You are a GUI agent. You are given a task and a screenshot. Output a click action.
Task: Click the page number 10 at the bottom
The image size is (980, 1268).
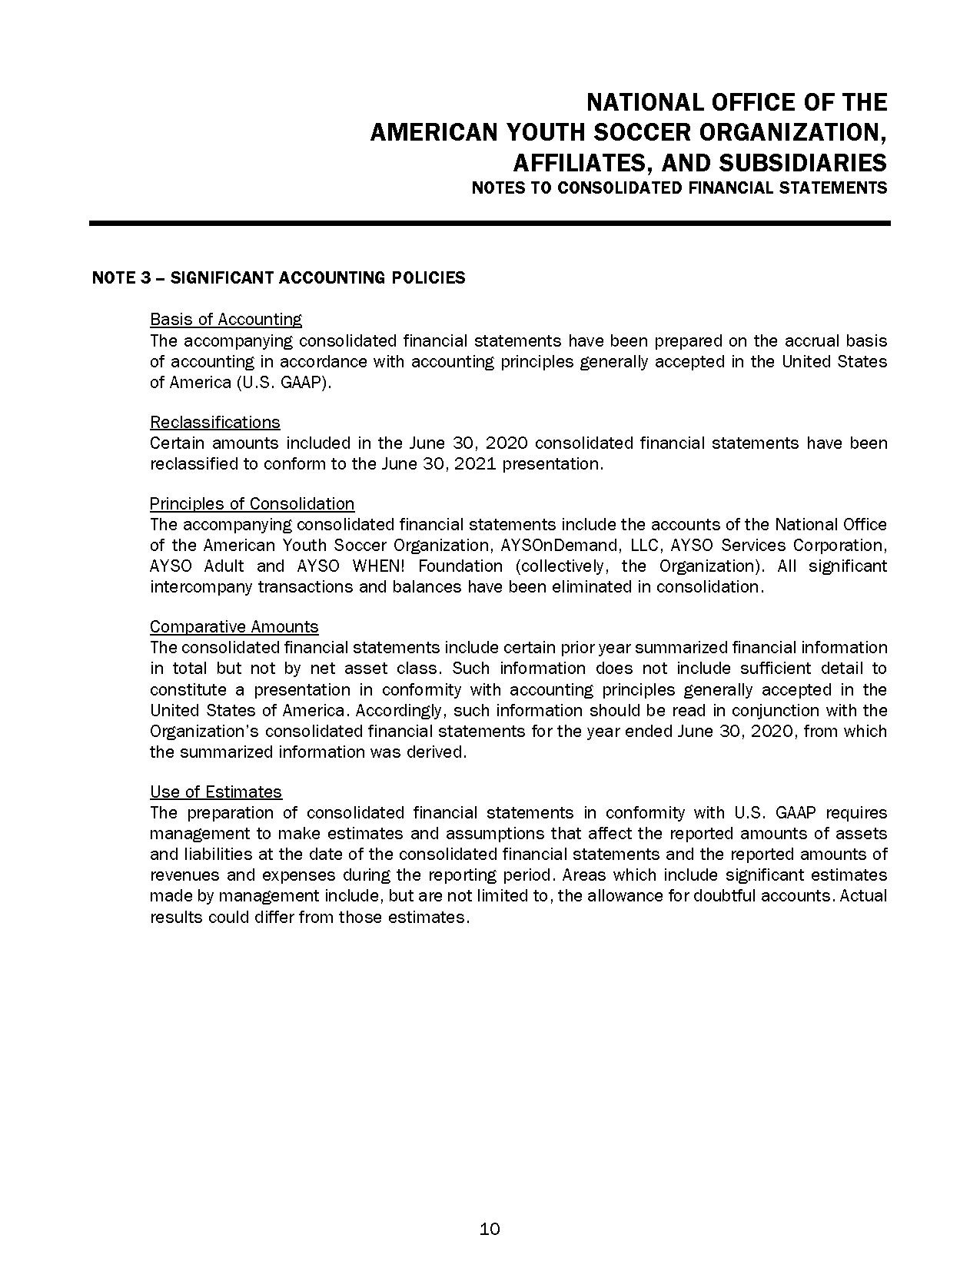[x=490, y=1229]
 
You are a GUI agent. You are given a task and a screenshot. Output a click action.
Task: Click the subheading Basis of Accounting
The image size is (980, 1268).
[x=226, y=319]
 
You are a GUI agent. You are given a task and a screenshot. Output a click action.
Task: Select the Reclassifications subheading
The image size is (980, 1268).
[x=215, y=422]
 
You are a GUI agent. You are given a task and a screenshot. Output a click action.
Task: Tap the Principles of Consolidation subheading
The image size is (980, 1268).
[x=252, y=503]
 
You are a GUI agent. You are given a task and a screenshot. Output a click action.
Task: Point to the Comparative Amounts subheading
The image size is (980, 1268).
[x=234, y=626]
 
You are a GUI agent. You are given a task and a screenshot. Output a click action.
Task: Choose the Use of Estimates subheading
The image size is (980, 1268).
[x=216, y=792]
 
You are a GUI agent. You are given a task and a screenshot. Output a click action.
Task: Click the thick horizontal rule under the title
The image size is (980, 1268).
[x=490, y=223]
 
